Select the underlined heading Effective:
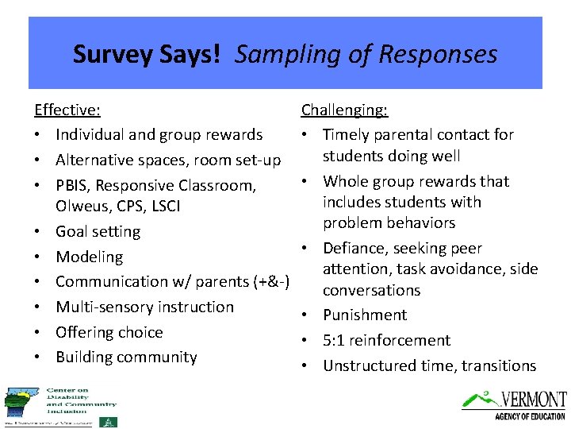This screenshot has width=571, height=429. click(x=67, y=110)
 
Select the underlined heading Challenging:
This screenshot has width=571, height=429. click(x=344, y=110)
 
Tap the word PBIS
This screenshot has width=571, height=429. click(x=73, y=185)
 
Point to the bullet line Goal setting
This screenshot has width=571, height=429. click(x=98, y=231)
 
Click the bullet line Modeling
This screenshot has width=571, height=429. click(x=89, y=257)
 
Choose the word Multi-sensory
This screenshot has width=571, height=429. click(x=107, y=307)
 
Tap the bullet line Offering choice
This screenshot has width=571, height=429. click(x=109, y=332)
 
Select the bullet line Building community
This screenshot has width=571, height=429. click(x=126, y=357)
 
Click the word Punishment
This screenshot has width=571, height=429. click(x=365, y=315)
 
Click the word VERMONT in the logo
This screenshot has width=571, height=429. click(x=532, y=399)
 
